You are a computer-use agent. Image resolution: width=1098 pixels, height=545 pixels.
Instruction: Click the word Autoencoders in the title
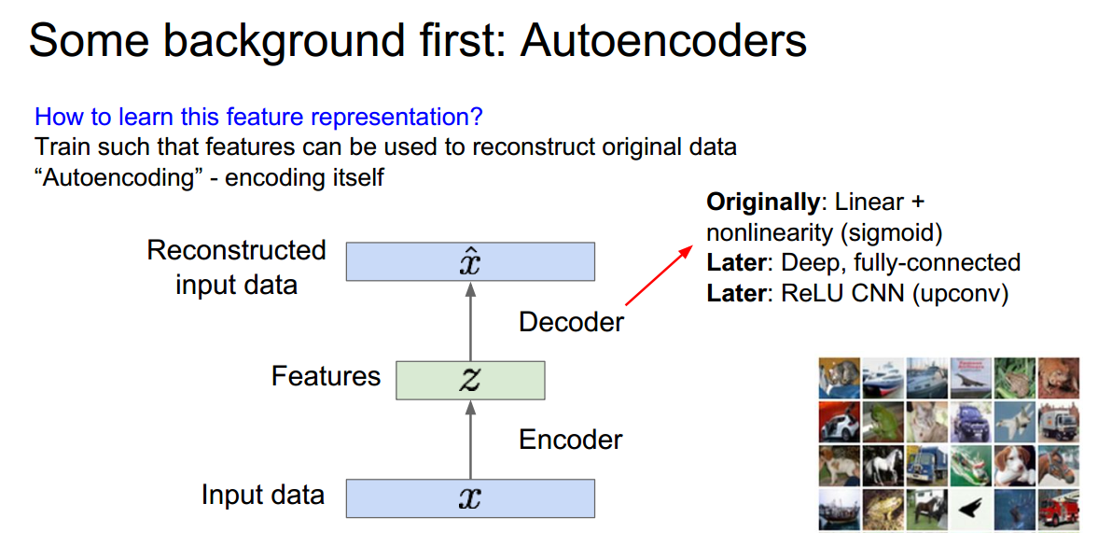coord(663,41)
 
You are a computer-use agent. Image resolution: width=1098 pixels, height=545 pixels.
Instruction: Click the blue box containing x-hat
coord(470,261)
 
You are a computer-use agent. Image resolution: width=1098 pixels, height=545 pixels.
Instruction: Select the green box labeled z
coord(470,380)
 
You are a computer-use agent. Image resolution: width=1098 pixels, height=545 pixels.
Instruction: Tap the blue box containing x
coord(470,498)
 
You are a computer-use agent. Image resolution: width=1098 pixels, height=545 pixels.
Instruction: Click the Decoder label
coord(571,322)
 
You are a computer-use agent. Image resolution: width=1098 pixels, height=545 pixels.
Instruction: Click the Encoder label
coord(570,439)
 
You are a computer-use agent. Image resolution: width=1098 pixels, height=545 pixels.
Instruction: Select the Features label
coord(326,376)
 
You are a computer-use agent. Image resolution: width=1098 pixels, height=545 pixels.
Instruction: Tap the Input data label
coord(263,495)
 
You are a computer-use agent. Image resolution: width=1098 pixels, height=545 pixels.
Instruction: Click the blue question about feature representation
coord(258,118)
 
